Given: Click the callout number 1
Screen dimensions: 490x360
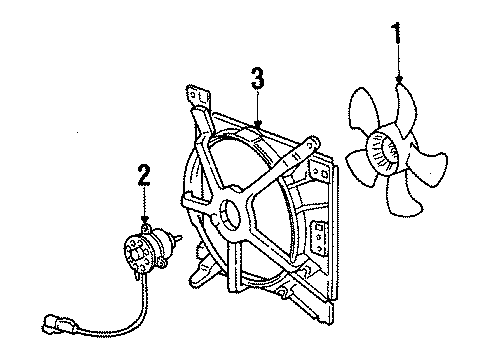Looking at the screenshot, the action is click(397, 33).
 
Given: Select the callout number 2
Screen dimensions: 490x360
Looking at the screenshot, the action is click(144, 175).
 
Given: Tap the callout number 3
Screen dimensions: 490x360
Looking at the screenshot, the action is click(257, 79).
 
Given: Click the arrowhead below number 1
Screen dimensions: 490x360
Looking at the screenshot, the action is click(399, 79).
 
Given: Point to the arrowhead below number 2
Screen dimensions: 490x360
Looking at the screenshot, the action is click(144, 219).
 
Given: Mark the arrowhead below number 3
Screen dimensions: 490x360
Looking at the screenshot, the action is click(257, 125).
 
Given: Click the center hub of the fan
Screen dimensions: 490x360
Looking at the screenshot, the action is click(383, 152).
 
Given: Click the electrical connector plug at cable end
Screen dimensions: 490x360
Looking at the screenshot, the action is click(57, 322).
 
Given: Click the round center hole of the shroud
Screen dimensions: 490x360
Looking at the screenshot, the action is click(230, 215).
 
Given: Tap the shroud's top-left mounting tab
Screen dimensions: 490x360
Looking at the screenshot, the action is click(199, 97).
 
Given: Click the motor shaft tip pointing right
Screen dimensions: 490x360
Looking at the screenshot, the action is click(179, 237).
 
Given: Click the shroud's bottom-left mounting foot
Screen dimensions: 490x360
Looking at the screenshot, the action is click(203, 273).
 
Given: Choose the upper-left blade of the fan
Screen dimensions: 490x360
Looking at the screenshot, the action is click(363, 108).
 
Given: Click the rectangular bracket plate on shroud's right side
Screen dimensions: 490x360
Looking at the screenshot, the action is click(319, 239).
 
